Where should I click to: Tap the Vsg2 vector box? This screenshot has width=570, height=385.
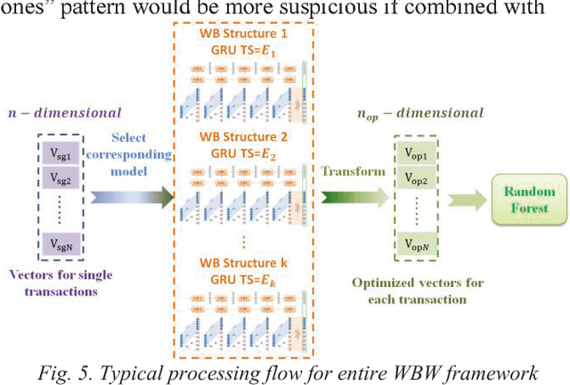pyautogui.click(x=61, y=181)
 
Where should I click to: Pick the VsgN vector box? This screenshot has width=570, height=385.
pyautogui.click(x=61, y=243)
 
